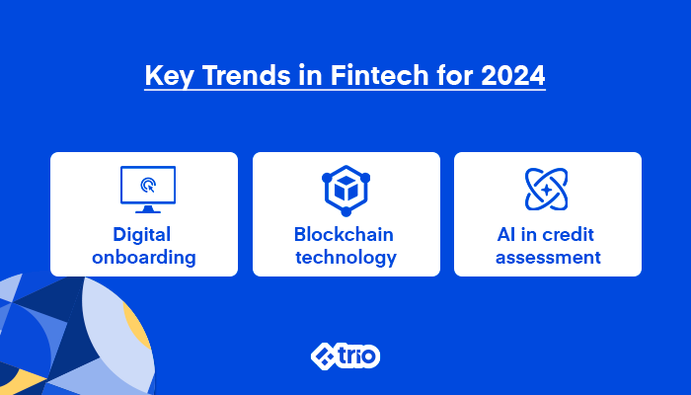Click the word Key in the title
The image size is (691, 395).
169,76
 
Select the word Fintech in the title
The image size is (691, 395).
379,75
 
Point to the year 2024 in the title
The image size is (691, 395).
513,75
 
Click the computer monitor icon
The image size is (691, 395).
148,190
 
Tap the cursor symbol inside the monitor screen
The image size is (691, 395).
148,186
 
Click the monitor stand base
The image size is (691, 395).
148,209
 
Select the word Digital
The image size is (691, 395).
141,236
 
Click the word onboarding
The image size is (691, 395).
144,258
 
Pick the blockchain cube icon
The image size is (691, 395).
345,191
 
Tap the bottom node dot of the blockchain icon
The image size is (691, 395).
345,211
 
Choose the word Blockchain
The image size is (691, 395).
344,235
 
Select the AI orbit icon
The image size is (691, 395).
547,190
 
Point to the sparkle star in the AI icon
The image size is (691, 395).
547,190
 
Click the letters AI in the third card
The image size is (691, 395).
505,235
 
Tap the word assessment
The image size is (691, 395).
548,258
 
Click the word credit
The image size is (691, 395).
570,235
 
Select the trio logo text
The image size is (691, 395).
357,355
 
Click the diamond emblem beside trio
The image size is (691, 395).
324,356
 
